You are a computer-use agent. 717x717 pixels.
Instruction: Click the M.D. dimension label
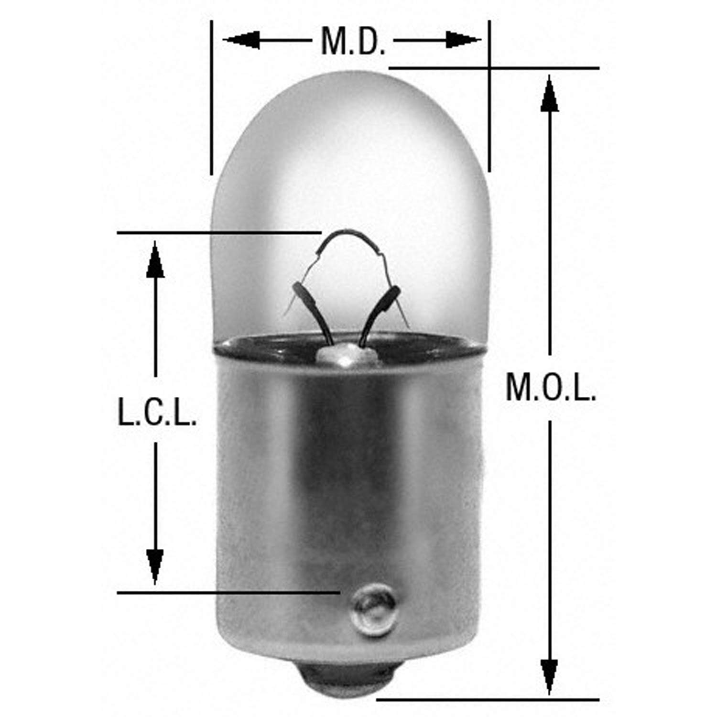[x=353, y=42]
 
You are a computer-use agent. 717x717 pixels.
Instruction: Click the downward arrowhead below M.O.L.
[x=550, y=674]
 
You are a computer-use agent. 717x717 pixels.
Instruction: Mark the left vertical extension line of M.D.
[x=211, y=96]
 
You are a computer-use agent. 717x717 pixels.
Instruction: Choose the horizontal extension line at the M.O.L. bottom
[x=488, y=700]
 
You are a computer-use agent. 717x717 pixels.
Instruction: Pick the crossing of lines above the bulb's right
[x=489, y=68]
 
